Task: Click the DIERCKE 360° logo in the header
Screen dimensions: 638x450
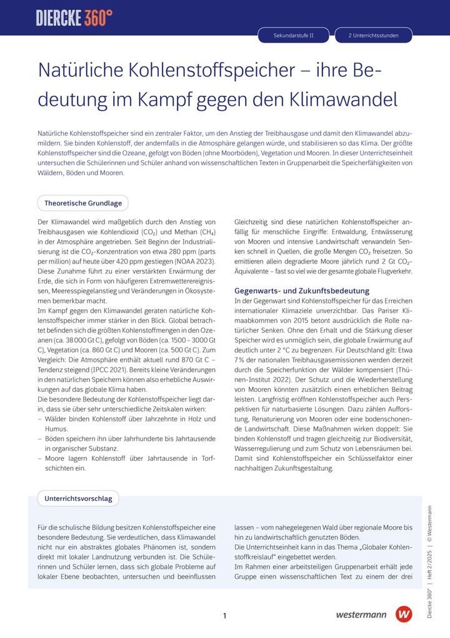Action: pyautogui.click(x=74, y=18)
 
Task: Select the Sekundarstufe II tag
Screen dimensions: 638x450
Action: pyautogui.click(x=294, y=36)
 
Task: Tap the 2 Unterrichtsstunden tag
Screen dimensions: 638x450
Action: pyautogui.click(x=373, y=36)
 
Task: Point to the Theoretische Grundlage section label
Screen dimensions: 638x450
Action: pyautogui.click(x=83, y=203)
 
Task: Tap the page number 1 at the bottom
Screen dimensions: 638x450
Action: pyautogui.click(x=224, y=616)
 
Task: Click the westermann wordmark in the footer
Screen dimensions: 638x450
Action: pyautogui.click(x=361, y=615)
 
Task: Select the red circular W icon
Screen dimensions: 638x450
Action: pyautogui.click(x=404, y=614)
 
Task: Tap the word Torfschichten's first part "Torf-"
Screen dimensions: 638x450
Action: pyautogui.click(x=205, y=458)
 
